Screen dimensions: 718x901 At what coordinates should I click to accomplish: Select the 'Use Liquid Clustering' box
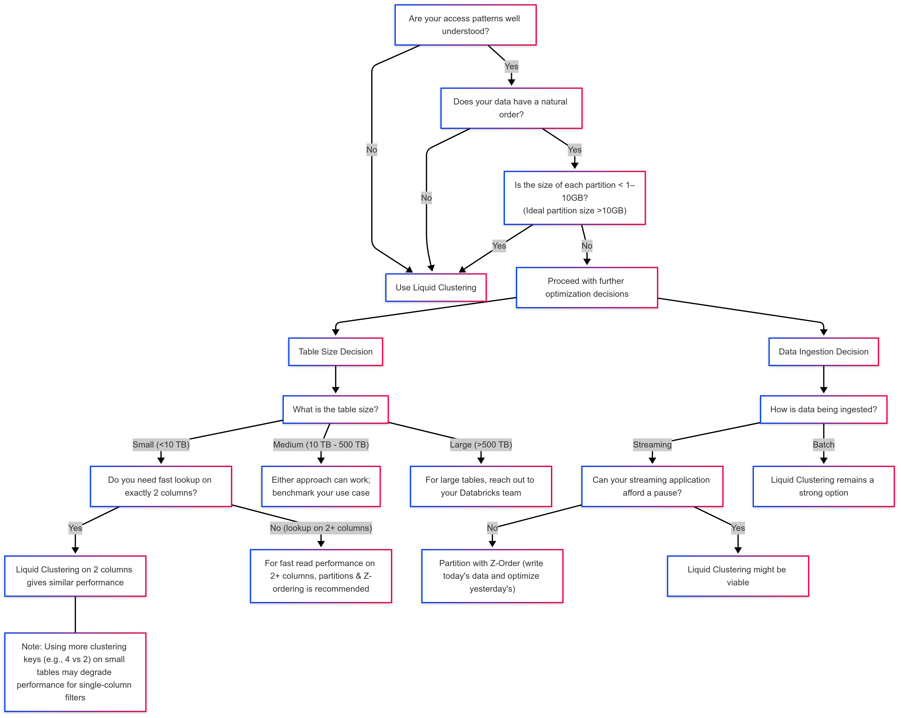[x=436, y=288]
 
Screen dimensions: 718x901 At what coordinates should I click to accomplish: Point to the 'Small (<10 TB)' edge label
[x=161, y=444]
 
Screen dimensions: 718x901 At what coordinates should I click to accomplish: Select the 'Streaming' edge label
[x=652, y=444]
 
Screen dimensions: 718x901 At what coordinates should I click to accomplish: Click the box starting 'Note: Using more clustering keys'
[x=75, y=672]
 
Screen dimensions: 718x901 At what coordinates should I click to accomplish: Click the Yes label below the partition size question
[x=499, y=246]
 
